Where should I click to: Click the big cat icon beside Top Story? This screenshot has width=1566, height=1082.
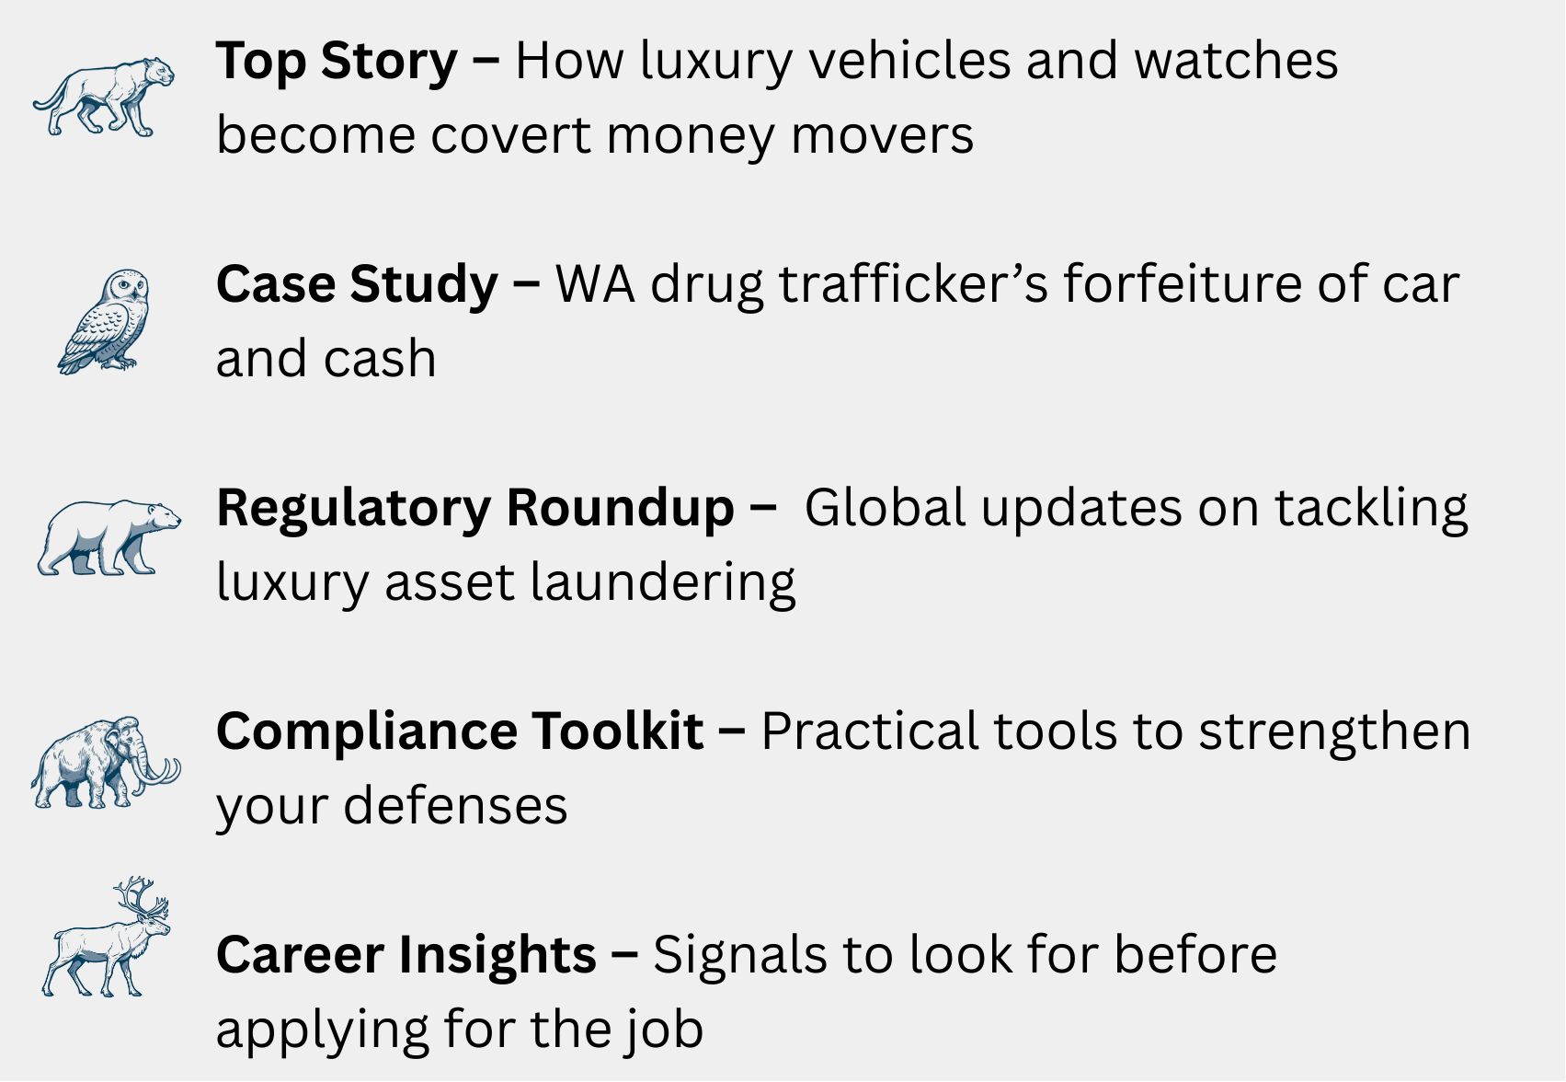[104, 97]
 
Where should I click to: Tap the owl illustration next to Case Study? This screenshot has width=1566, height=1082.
[104, 322]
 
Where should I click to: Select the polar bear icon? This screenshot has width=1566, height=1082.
[109, 538]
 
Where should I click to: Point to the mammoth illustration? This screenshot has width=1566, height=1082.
[105, 763]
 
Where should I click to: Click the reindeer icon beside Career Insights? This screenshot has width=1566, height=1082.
[105, 938]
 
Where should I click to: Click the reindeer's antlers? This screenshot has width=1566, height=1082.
[142, 897]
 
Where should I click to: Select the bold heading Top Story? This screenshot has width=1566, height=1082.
[337, 62]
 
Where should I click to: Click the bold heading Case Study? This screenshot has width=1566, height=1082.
[357, 284]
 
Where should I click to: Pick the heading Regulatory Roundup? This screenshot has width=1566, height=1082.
[474, 509]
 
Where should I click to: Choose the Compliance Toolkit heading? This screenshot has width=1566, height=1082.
[460, 731]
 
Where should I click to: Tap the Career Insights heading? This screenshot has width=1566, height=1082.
[406, 955]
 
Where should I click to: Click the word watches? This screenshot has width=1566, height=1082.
[1235, 60]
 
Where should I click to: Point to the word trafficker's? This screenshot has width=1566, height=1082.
[913, 284]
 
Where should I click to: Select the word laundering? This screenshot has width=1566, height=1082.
[663, 581]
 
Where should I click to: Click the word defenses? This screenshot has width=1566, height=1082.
[455, 806]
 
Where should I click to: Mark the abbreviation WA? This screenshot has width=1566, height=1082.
[595, 285]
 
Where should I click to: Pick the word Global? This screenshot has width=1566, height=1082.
[885, 507]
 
